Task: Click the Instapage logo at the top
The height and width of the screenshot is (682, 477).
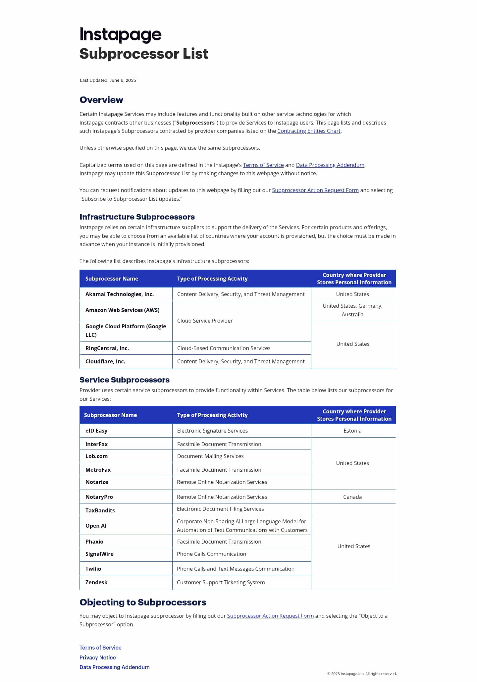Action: click(x=120, y=34)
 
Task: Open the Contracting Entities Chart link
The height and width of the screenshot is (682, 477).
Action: click(x=309, y=131)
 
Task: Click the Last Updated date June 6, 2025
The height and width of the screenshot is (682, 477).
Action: click(x=123, y=80)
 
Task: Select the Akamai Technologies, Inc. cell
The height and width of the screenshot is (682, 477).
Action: click(x=120, y=294)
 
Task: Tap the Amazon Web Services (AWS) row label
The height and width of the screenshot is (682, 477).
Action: click(x=123, y=310)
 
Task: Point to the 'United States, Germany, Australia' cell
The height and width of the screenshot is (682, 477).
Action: click(x=352, y=310)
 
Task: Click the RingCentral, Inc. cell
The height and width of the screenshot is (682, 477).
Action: click(x=107, y=348)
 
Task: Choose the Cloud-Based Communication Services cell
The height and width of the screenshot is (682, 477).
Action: click(x=224, y=348)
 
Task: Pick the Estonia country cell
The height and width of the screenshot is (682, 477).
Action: click(x=352, y=431)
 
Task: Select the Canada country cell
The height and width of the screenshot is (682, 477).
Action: click(x=352, y=497)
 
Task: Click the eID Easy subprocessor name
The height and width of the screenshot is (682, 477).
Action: click(x=96, y=431)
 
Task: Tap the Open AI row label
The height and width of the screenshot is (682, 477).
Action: click(x=96, y=526)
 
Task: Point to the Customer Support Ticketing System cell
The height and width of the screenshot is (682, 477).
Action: click(x=221, y=582)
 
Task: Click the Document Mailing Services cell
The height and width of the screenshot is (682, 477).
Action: click(x=210, y=456)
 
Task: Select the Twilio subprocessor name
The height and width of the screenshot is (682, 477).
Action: click(x=93, y=569)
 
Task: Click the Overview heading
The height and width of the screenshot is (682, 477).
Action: click(x=101, y=100)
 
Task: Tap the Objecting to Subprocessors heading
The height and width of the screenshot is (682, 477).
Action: click(x=143, y=602)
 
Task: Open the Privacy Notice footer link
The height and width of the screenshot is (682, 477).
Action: click(x=98, y=657)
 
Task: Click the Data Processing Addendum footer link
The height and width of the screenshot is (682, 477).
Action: click(x=115, y=667)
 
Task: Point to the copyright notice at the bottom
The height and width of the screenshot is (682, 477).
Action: click(x=362, y=674)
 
